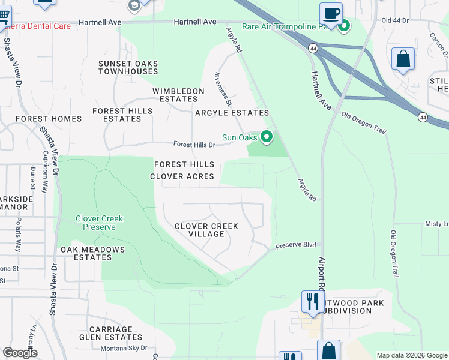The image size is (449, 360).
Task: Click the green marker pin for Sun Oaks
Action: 267,138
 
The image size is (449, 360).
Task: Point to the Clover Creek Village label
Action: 206,230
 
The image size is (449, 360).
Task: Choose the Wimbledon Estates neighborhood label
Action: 175,95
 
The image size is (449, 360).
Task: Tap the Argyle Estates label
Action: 231,113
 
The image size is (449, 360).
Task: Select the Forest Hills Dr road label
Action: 194,145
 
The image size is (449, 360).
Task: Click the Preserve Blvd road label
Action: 295,245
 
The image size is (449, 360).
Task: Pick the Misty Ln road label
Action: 436,224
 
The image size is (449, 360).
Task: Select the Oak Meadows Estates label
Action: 92,253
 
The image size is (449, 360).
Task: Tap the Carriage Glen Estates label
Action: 110,333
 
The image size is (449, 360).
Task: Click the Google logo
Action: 20,353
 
